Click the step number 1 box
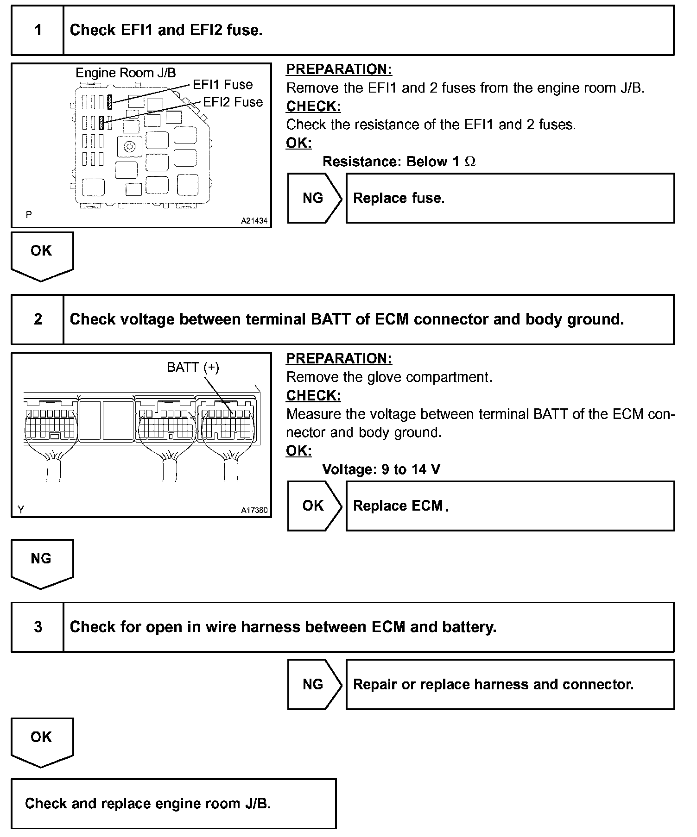click(38, 31)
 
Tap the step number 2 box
click(38, 319)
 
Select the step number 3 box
click(38, 627)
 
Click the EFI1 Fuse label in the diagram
click(223, 85)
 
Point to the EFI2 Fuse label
click(233, 102)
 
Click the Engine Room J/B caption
click(126, 73)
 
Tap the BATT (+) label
click(193, 367)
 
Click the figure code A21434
click(254, 221)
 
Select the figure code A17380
click(254, 510)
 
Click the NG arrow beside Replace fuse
click(314, 198)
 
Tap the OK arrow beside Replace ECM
click(314, 506)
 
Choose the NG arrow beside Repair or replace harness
click(314, 684)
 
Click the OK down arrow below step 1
click(42, 255)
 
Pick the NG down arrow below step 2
click(42, 562)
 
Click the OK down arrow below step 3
click(42, 741)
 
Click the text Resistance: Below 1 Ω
click(399, 162)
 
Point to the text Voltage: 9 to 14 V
click(381, 469)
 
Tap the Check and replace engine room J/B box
click(173, 803)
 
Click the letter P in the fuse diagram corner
click(29, 215)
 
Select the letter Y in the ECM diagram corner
click(21, 510)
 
